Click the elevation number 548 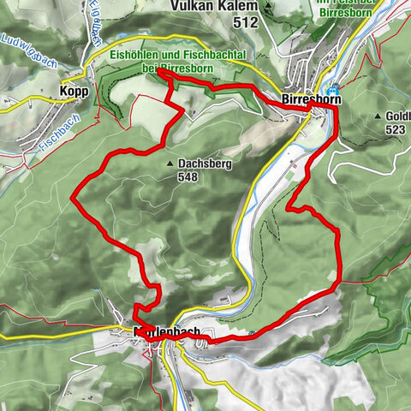[x=188, y=177]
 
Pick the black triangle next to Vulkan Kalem [x=268, y=7]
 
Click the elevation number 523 [x=395, y=129]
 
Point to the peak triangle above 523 [x=377, y=116]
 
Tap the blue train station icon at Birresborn [x=333, y=89]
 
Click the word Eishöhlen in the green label [x=135, y=53]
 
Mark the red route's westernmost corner [x=72, y=199]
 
